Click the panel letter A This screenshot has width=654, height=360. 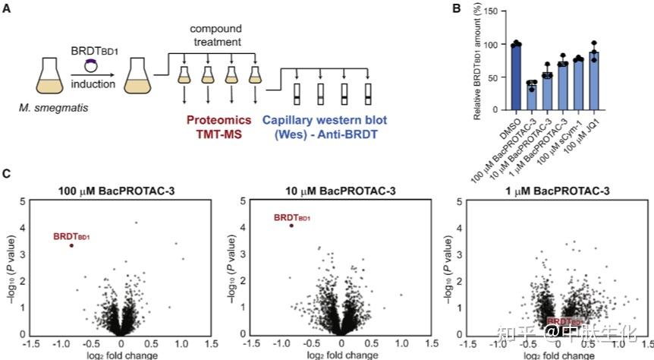point(8,8)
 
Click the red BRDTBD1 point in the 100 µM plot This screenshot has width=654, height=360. point(72,245)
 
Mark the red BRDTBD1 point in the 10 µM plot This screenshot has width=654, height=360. point(292,225)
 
